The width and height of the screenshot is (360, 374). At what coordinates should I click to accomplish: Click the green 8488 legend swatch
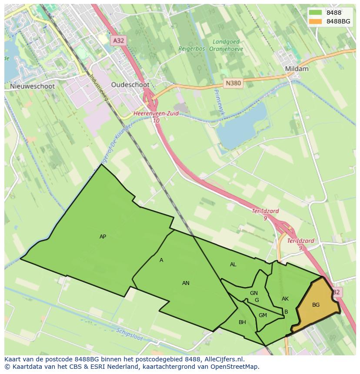pyautogui.click(x=316, y=13)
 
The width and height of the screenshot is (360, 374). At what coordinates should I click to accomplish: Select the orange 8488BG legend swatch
pyautogui.click(x=316, y=21)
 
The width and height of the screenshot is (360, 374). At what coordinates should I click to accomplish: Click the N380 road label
pyautogui.click(x=233, y=83)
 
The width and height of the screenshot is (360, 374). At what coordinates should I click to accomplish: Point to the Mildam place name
pyautogui.click(x=297, y=69)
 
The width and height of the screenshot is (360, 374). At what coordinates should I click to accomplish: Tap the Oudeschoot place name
pyautogui.click(x=130, y=85)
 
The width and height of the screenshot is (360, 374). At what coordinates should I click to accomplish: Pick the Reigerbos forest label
pyautogui.click(x=192, y=49)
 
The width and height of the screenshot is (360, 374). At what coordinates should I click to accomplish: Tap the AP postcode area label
pyautogui.click(x=103, y=237)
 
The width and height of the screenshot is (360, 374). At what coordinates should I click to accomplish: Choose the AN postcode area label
pyautogui.click(x=186, y=283)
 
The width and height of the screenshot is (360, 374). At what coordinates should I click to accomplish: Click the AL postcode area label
pyautogui.click(x=233, y=265)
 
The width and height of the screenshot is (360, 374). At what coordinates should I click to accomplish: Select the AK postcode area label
pyautogui.click(x=285, y=299)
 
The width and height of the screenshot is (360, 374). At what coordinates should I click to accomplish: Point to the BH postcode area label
pyautogui.click(x=242, y=322)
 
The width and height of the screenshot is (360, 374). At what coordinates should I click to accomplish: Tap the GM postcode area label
pyautogui.click(x=263, y=315)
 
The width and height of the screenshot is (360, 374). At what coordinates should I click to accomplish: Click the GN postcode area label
pyautogui.click(x=254, y=293)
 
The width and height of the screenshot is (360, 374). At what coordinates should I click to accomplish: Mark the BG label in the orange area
pyautogui.click(x=316, y=305)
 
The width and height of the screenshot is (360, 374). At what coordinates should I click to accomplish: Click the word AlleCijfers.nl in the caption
pyautogui.click(x=223, y=359)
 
